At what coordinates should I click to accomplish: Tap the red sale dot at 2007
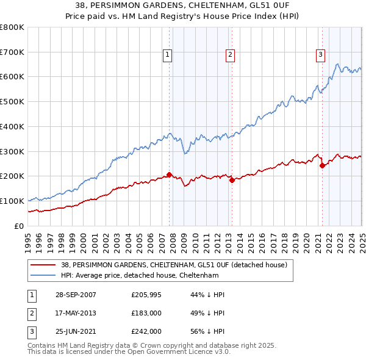click(x=169, y=175)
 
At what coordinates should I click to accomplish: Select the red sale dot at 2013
click(x=232, y=180)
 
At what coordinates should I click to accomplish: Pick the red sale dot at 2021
click(x=322, y=165)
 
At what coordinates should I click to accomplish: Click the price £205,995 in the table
click(x=146, y=295)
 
